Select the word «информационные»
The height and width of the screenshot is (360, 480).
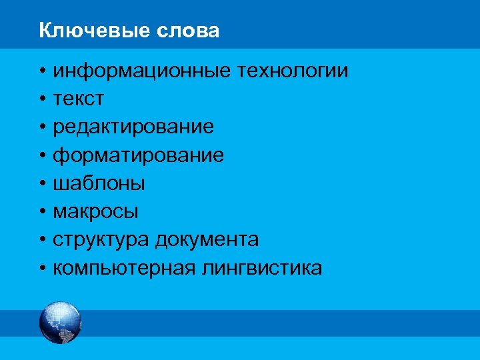pyautogui.click(x=141, y=71)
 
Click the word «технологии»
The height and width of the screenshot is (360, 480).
pyautogui.click(x=291, y=71)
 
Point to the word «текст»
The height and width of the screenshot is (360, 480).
pyautogui.click(x=79, y=99)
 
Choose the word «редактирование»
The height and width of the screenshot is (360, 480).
pyautogui.click(x=133, y=127)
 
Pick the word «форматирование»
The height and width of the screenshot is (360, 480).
pyautogui.click(x=139, y=156)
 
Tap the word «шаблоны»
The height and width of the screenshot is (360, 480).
pyautogui.click(x=99, y=184)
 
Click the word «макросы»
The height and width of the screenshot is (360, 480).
pyautogui.click(x=96, y=212)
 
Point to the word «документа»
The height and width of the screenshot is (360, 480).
pyautogui.click(x=207, y=240)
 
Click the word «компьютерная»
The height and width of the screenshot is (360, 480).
pyautogui.click(x=124, y=269)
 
